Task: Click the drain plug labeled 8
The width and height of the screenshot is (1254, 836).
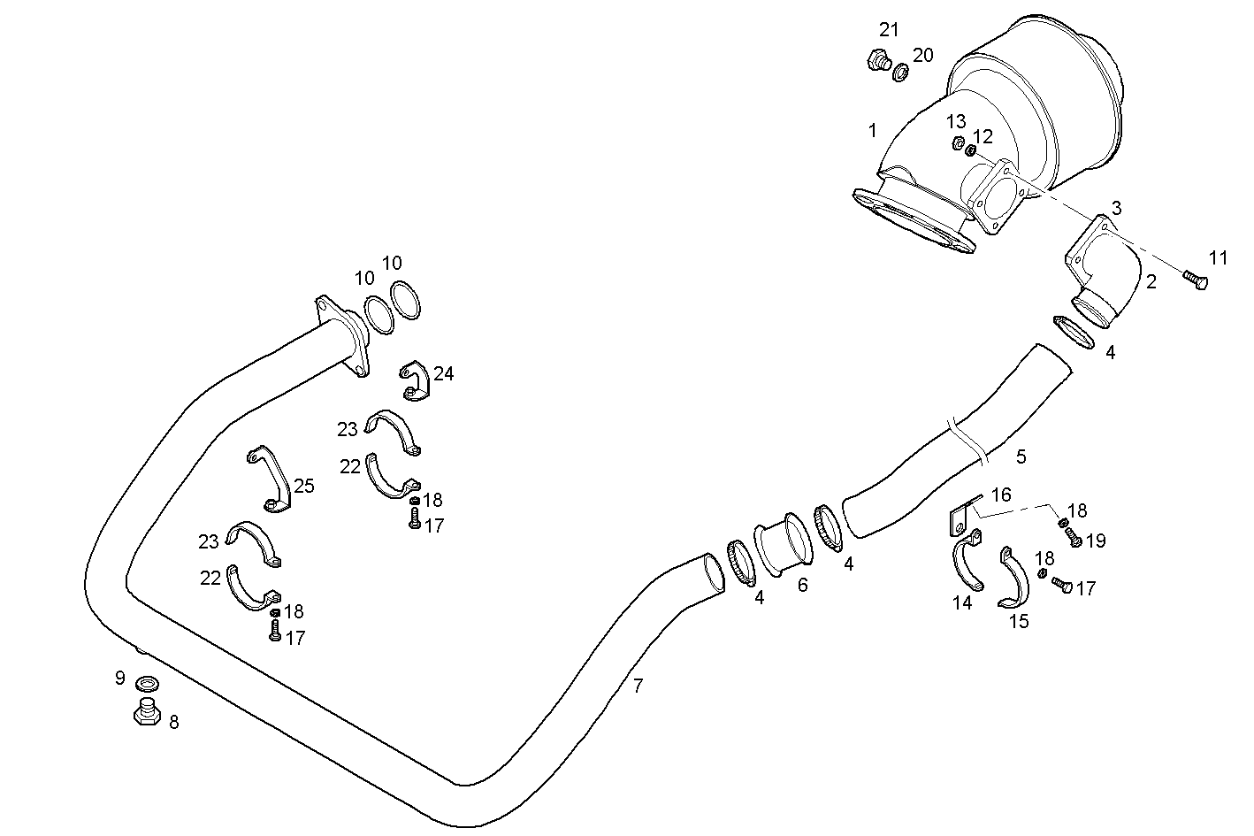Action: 146,711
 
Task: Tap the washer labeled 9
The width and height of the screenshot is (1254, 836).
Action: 148,684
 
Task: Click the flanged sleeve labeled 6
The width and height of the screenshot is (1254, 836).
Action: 782,548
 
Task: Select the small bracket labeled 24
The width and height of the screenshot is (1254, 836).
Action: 416,380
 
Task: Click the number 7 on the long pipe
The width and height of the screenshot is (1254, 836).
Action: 638,685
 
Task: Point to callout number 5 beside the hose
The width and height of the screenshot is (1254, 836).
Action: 1021,456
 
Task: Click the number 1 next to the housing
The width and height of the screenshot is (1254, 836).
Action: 872,131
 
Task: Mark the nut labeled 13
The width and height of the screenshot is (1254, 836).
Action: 957,143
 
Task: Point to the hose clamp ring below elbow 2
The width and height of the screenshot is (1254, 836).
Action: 1074,330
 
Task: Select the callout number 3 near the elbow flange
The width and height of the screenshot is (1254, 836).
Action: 1116,208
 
